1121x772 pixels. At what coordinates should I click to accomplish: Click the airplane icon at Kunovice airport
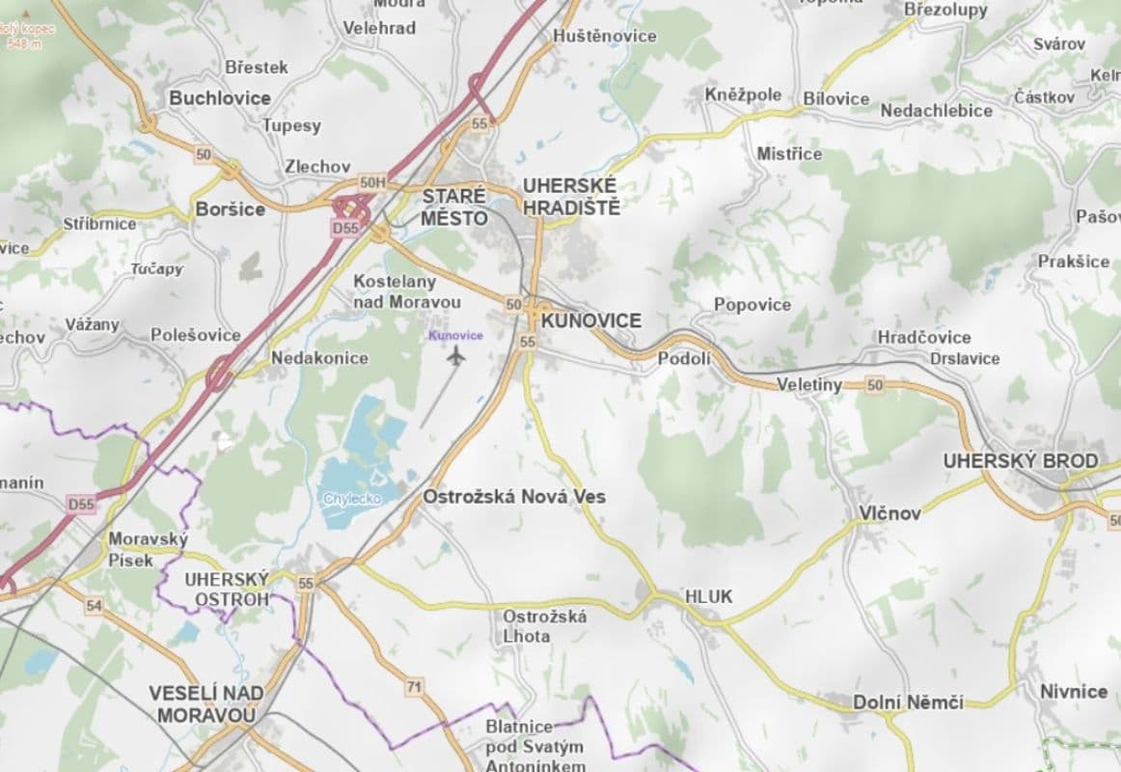tap(456, 356)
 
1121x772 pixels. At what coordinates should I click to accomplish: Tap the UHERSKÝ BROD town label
tap(1020, 461)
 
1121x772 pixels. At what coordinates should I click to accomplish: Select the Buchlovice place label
tap(220, 98)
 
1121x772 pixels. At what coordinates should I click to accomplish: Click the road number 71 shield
tap(415, 687)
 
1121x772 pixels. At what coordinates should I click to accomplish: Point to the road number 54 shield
tap(94, 605)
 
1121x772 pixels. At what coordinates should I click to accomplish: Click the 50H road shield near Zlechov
tap(371, 182)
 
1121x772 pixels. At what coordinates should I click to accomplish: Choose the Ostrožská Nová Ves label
tap(514, 497)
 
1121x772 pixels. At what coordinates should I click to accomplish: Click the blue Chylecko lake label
tap(352, 499)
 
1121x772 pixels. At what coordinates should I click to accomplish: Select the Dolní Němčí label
tap(908, 703)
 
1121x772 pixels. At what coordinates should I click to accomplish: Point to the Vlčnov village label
tap(890, 513)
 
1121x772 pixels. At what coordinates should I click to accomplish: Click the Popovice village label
tap(752, 305)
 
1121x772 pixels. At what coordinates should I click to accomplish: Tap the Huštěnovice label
tap(605, 37)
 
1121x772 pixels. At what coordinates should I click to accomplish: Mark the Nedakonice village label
tap(319, 358)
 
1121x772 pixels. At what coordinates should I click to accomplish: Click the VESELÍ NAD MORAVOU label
tap(206, 704)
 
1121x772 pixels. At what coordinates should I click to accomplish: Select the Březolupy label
tap(945, 10)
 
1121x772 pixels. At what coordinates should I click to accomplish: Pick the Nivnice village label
tap(1074, 692)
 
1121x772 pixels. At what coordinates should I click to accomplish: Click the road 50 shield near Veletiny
tap(875, 386)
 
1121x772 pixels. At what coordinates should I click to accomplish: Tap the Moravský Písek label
tap(148, 549)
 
